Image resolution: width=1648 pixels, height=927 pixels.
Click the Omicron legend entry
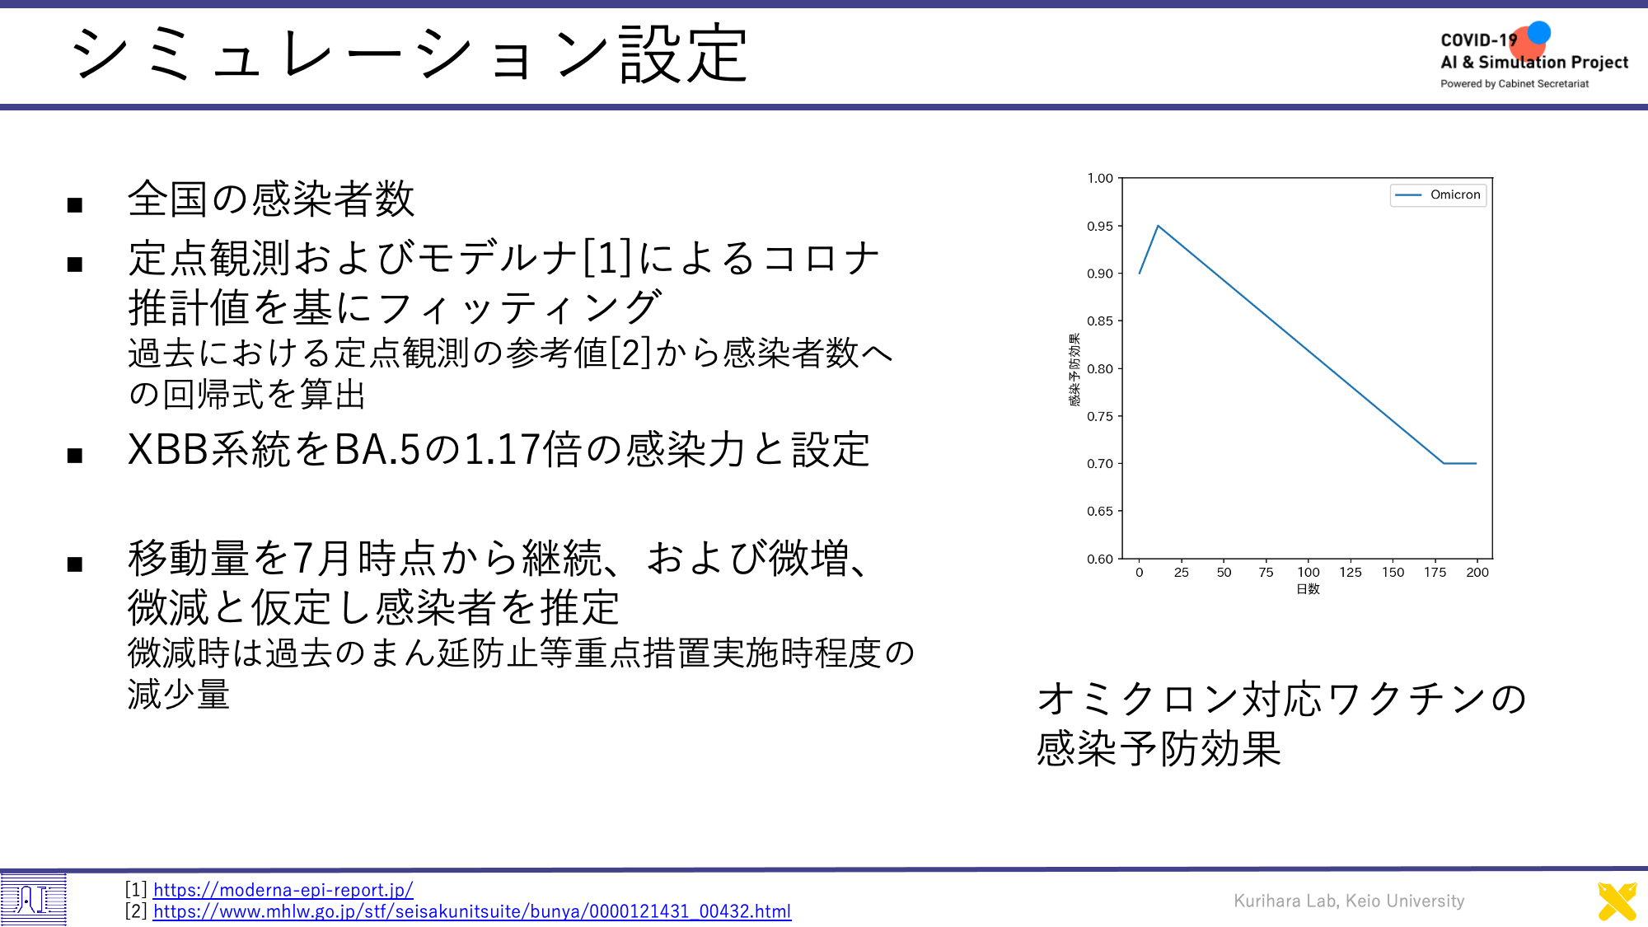1439,195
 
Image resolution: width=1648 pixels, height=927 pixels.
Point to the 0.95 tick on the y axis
1100,226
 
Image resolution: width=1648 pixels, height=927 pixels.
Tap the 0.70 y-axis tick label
1100,464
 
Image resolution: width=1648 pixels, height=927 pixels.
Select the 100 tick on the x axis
1309,572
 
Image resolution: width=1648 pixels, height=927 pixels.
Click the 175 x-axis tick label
1435,572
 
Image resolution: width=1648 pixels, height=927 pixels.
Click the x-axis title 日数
1309,589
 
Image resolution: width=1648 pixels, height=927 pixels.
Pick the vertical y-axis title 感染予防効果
1074,369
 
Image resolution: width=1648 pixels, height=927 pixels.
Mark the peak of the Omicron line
1158,226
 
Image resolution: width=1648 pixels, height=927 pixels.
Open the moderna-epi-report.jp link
283,890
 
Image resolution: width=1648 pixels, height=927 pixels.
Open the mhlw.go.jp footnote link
472,911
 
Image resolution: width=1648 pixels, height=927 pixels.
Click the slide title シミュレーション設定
410,54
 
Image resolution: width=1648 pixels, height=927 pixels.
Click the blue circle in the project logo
1538,32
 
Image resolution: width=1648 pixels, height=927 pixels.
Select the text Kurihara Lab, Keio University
1349,901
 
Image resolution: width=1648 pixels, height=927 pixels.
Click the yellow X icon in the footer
1618,901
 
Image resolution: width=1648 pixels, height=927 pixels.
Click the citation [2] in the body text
630,353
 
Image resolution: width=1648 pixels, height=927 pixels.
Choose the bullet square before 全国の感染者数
75,204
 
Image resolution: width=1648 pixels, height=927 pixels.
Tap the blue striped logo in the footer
33,899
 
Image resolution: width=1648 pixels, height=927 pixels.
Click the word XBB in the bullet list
169,450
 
